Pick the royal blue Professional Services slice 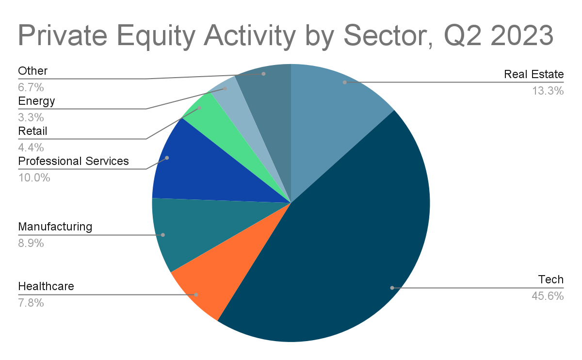[x=208, y=169]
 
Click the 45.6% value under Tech [x=548, y=296]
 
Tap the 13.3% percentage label [x=548, y=91]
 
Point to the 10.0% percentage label [x=34, y=178]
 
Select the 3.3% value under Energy [x=31, y=117]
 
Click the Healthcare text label [x=46, y=286]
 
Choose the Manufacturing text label [x=55, y=227]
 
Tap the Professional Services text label [x=74, y=161]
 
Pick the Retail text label [x=33, y=131]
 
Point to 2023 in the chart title [x=522, y=35]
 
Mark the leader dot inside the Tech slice [x=392, y=288]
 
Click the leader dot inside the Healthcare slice [x=196, y=295]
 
